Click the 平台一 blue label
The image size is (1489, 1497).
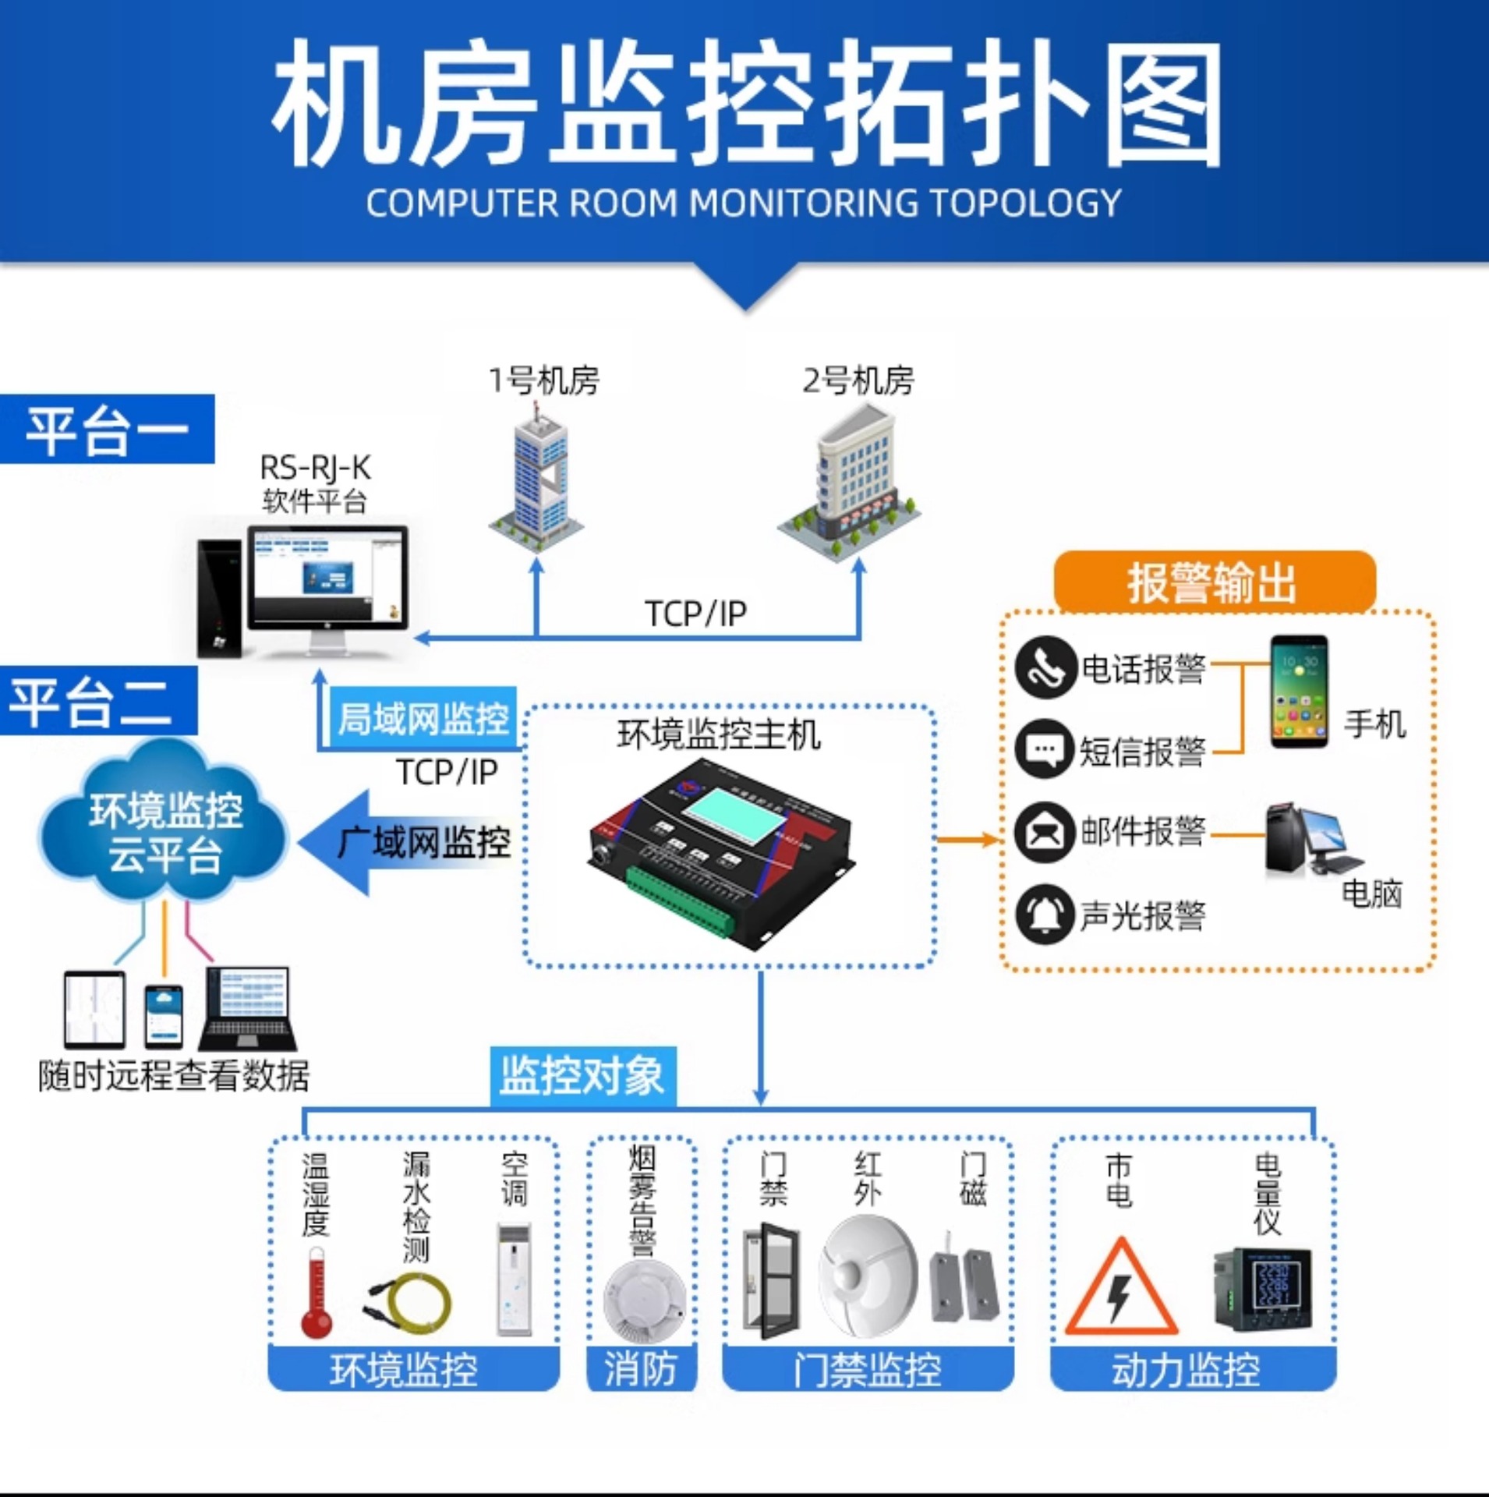[x=107, y=430]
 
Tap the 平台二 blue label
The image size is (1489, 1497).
[x=97, y=701]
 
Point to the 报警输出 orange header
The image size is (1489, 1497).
[x=1213, y=582]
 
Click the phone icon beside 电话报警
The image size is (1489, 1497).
[x=1045, y=668]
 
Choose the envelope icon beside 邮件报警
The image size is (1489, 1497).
[x=1045, y=832]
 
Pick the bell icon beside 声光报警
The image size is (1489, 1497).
[x=1045, y=915]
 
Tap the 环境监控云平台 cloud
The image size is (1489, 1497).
[x=164, y=832]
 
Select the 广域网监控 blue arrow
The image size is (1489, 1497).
[x=405, y=843]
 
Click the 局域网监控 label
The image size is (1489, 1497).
[x=423, y=717]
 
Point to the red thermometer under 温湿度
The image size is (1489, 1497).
[x=316, y=1294]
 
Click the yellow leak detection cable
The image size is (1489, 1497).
[x=409, y=1303]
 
